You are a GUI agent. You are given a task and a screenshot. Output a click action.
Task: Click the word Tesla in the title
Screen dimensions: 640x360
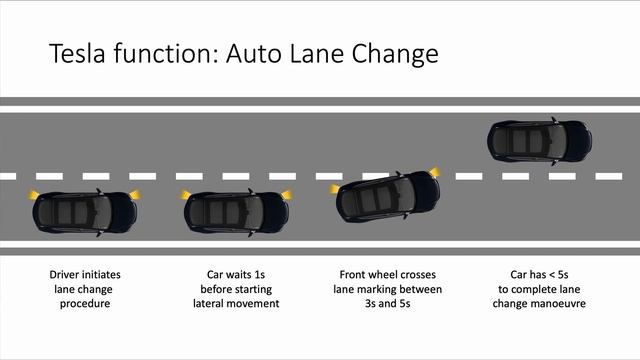tap(78, 53)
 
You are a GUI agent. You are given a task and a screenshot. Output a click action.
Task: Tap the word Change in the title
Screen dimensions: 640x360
tap(395, 54)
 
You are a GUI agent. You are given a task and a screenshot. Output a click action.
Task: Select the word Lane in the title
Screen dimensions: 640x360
tap(317, 53)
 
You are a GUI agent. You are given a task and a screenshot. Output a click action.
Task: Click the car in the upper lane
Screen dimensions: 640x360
tap(539, 141)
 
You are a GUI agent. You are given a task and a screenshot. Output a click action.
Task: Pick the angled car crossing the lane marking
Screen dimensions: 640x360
tap(388, 197)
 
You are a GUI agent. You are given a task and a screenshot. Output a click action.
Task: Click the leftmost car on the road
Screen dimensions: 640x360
tap(85, 212)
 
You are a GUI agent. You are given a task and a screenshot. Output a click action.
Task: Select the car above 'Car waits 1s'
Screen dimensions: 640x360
tap(236, 212)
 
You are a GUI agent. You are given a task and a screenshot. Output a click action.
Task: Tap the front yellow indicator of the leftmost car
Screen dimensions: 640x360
tap(135, 194)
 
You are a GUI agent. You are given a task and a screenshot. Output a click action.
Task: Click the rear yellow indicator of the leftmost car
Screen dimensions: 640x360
tap(33, 195)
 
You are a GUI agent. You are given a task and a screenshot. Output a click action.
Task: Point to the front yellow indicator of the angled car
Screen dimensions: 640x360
tap(435, 172)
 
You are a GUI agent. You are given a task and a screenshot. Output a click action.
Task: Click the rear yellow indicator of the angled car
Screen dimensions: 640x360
tap(335, 189)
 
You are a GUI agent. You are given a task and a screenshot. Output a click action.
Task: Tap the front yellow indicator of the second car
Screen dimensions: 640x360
tap(287, 194)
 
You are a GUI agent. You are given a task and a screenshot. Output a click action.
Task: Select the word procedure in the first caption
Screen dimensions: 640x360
tap(85, 304)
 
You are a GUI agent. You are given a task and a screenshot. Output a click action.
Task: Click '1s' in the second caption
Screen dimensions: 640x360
tap(259, 274)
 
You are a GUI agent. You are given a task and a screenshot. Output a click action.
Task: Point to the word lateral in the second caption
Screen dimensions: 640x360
tap(208, 303)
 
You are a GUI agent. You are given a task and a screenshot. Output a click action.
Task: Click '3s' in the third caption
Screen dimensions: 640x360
tap(370, 303)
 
